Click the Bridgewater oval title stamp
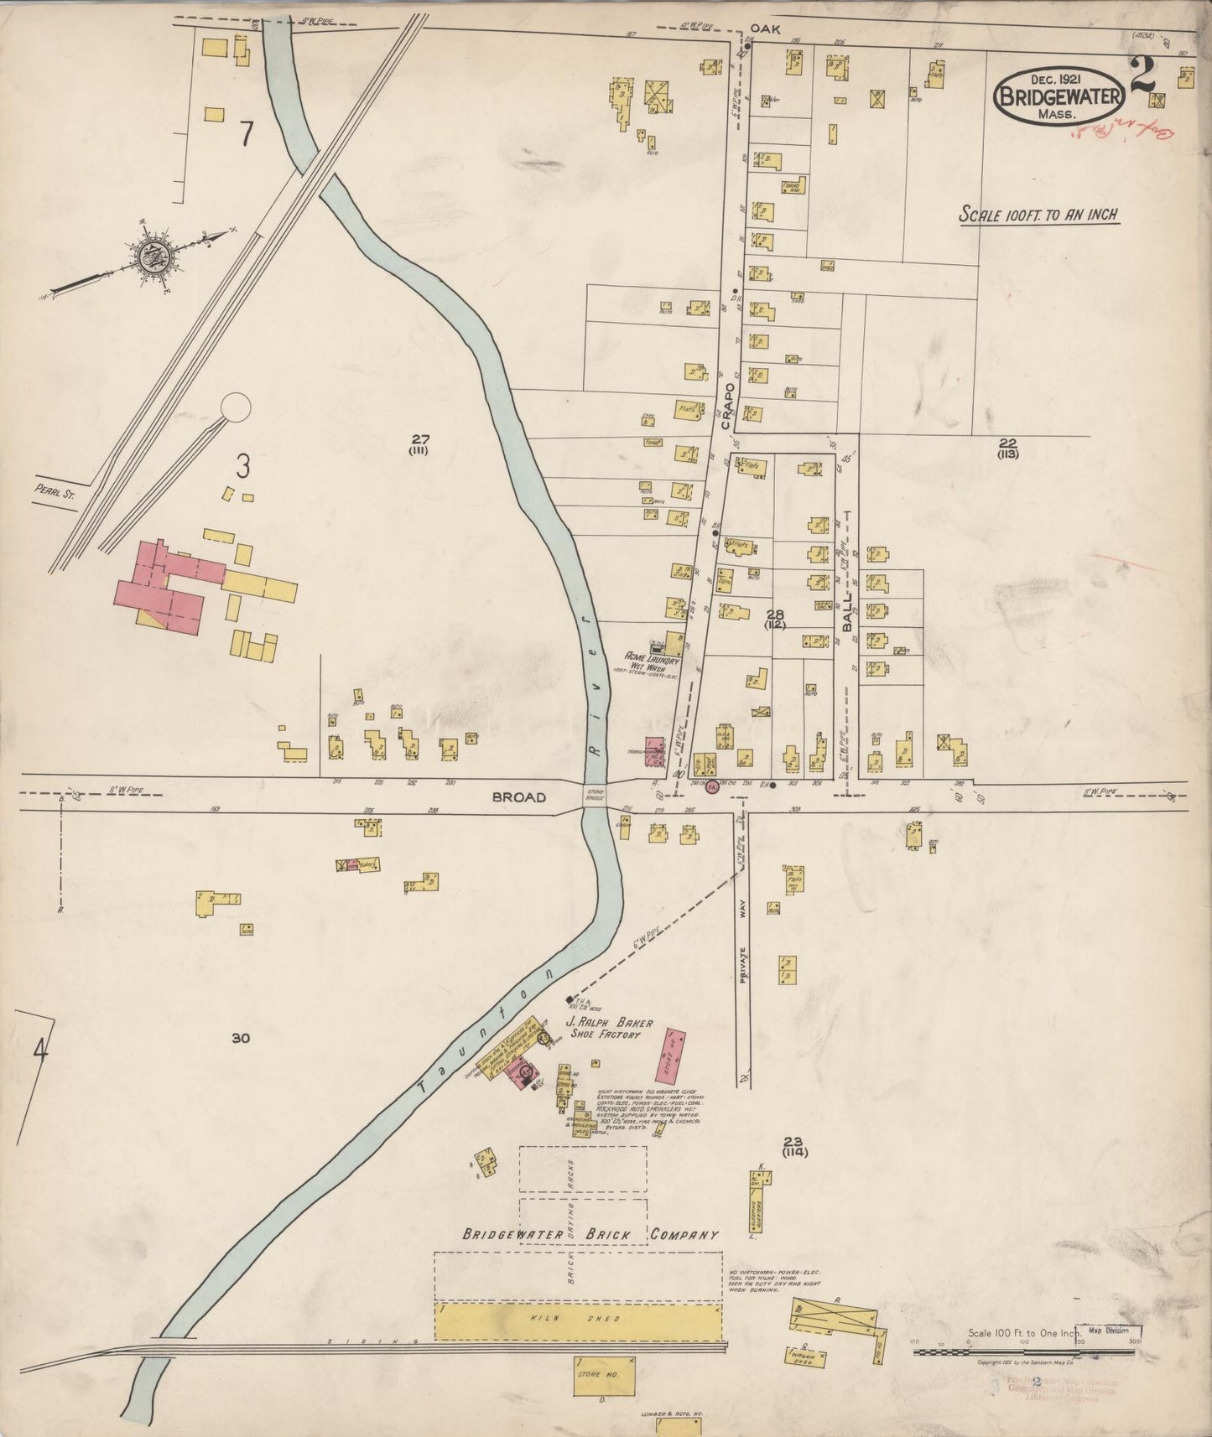1059,96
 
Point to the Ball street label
847,614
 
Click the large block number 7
245,133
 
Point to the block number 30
242,1039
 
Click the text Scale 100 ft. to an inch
1038,215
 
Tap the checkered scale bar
1026,1351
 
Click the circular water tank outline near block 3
235,408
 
